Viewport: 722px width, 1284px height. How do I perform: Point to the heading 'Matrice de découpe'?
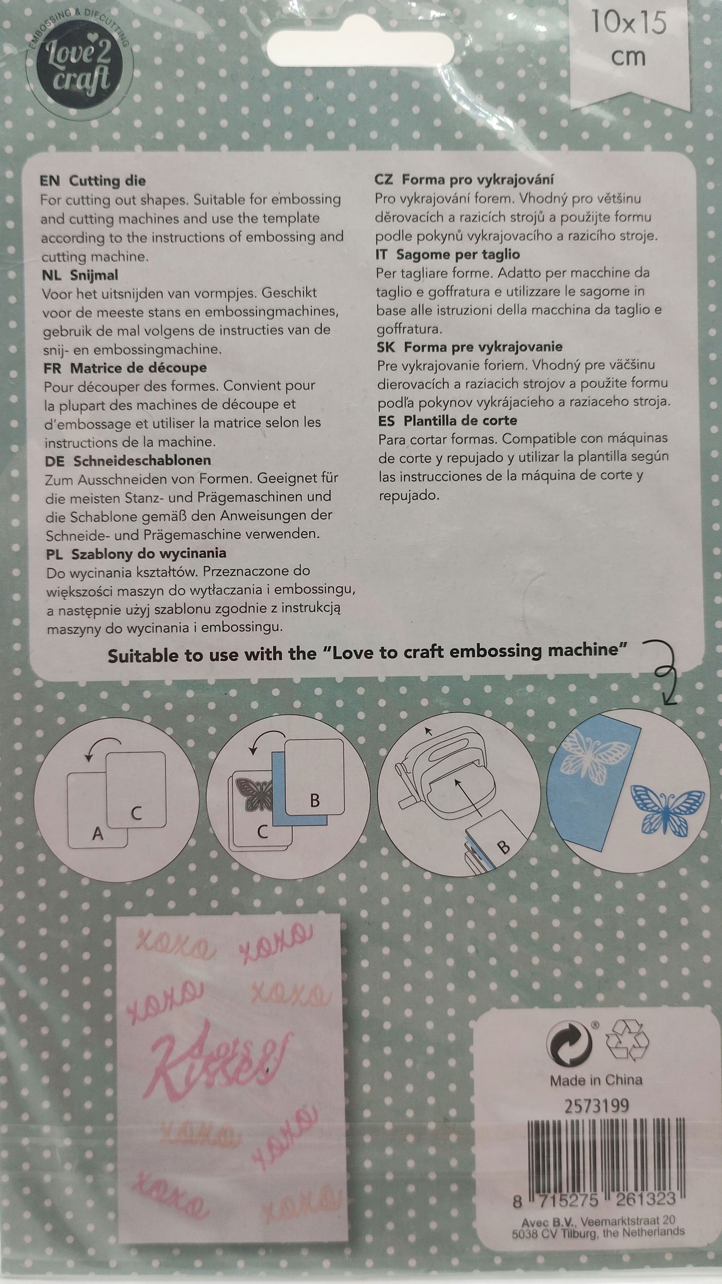(138, 368)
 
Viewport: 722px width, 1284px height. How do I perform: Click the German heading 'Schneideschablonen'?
(142, 460)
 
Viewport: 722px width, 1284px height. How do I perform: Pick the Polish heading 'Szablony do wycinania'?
(149, 554)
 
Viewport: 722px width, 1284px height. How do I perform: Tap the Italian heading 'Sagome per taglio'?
(458, 254)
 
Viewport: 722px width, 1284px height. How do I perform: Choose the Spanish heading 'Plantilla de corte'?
(460, 420)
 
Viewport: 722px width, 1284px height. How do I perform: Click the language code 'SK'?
(387, 347)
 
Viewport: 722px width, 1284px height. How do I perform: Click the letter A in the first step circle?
(98, 834)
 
